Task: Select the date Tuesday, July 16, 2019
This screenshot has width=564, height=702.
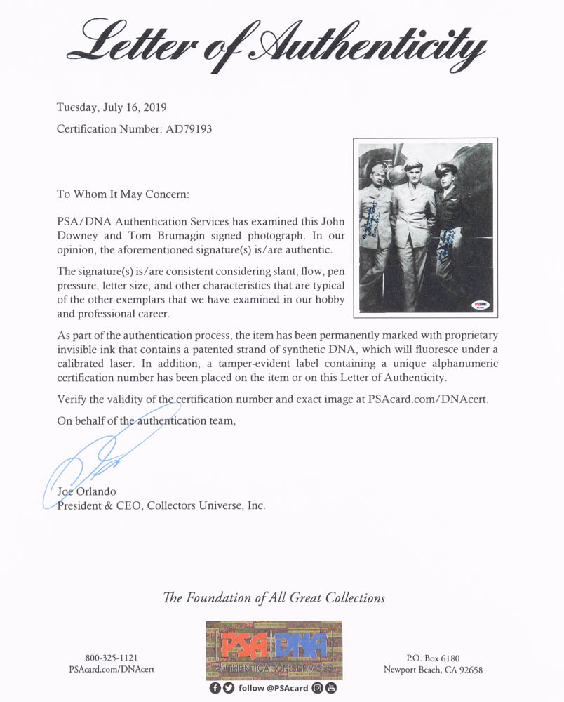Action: (x=112, y=108)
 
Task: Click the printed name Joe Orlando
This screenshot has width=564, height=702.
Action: (x=86, y=491)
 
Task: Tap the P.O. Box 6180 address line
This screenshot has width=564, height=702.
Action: (x=433, y=658)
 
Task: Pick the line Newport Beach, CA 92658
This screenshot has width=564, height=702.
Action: (x=433, y=670)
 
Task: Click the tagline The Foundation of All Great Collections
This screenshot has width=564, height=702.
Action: (x=274, y=598)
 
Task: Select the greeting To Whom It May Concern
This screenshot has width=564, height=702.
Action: (x=123, y=194)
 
